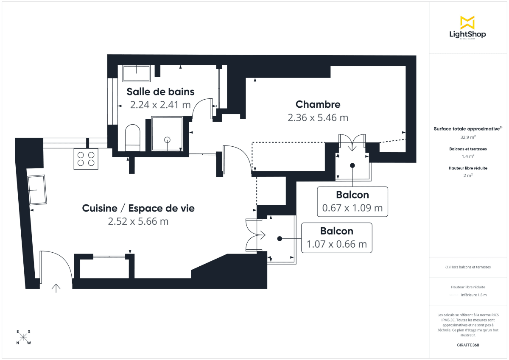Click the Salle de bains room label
point(160,92)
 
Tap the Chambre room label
point(318,104)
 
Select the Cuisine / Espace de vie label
point(138,208)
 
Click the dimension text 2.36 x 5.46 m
point(318,117)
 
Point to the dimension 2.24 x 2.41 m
point(160,105)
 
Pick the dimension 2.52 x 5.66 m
point(138,221)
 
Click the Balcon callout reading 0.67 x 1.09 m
point(352,201)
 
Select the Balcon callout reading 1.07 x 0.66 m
point(337,238)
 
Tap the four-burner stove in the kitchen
point(86,159)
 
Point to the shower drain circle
point(167,139)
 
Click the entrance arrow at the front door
point(56,288)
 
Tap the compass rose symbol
point(24,337)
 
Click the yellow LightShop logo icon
point(467,22)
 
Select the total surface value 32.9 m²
point(467,137)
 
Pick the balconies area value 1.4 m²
point(467,156)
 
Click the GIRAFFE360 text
point(467,345)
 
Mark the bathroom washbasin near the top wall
point(136,73)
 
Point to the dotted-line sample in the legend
point(453,295)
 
